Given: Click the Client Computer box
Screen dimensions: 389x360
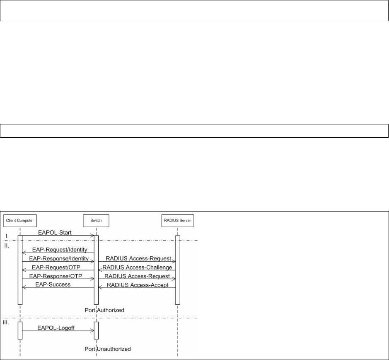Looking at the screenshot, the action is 19,220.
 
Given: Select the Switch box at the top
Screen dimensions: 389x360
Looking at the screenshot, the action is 96,220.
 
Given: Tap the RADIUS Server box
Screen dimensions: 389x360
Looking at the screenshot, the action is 178,220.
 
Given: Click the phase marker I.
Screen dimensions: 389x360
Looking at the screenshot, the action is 7,236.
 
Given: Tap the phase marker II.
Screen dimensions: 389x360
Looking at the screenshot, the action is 7,245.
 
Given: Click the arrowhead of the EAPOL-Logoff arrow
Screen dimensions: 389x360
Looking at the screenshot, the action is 92,331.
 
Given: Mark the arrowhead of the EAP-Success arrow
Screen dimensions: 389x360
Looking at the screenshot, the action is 23,288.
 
